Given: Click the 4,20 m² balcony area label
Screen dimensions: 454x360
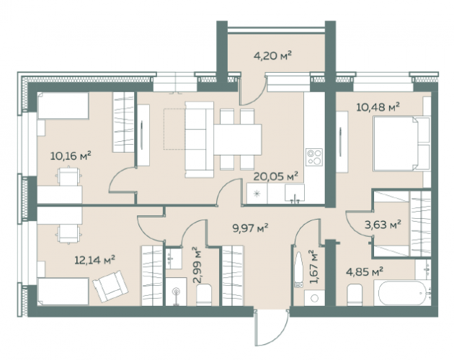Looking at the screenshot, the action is click(272, 55).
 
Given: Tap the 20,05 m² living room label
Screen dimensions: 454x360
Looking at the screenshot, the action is click(275, 176).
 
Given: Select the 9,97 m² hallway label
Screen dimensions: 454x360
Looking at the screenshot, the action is click(251, 228).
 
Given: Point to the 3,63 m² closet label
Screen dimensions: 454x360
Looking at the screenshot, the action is click(383, 224).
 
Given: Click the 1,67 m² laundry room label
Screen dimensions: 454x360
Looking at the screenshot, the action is click(313, 267).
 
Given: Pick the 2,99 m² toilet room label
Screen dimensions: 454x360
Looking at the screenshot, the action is click(199, 265).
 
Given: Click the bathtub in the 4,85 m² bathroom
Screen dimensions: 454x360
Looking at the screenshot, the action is click(402, 292).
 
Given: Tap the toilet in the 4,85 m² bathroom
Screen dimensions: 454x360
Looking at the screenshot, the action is click(355, 294).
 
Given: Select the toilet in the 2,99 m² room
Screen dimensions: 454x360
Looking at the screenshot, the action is click(204, 294).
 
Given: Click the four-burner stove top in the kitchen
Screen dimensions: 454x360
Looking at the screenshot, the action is click(314, 157).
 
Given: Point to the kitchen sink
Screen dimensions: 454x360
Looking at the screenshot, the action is click(295, 192).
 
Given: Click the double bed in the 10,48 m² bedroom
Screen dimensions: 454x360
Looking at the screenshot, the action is click(401, 143).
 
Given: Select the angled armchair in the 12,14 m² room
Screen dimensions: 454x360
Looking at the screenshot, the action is click(110, 287).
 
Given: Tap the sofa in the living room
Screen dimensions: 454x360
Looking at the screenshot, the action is click(199, 140).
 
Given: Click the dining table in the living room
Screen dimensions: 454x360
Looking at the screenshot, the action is click(238, 140).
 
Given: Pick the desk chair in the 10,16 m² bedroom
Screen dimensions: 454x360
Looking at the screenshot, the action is click(68, 176).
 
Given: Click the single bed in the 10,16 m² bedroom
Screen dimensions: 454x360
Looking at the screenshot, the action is click(63, 106).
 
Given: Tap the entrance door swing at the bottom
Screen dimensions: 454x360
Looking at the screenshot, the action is click(271, 327).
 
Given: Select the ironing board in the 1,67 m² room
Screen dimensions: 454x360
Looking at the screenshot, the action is click(298, 269).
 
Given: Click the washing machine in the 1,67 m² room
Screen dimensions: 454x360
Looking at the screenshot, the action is click(314, 298).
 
